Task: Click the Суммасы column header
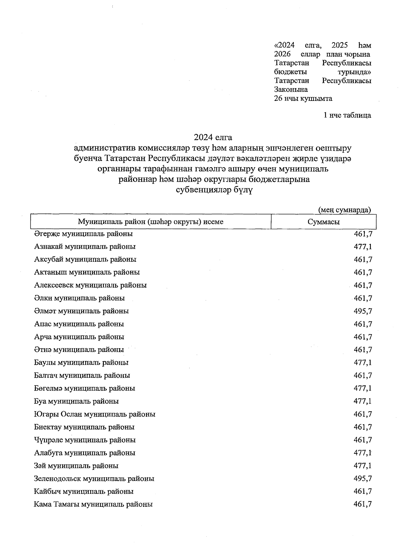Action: point(323,222)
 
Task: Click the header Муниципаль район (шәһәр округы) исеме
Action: point(150,222)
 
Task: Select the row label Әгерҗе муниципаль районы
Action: point(83,234)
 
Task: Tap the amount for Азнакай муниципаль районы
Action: point(363,247)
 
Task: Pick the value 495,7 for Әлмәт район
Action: point(363,311)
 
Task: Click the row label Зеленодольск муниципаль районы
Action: point(94,479)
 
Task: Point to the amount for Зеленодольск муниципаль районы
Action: point(363,479)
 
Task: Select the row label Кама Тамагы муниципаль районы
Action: point(93,504)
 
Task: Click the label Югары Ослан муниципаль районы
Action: point(94,414)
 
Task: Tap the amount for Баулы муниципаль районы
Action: point(363,363)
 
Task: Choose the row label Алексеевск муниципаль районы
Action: point(90,285)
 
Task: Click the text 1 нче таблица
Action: point(347,115)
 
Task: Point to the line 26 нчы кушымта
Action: point(303,99)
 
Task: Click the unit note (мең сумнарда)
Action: point(344,210)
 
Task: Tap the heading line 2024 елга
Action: point(213,137)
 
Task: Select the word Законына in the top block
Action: point(291,89)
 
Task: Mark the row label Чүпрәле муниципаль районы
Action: point(85,440)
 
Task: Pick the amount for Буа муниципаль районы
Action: point(363,401)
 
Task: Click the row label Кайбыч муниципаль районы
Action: point(84,491)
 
